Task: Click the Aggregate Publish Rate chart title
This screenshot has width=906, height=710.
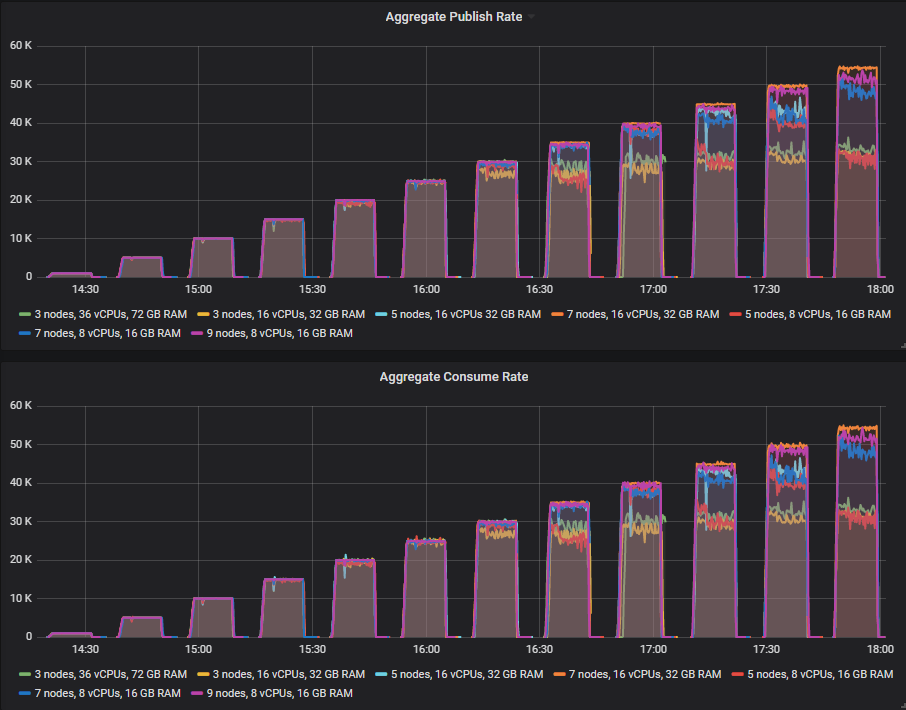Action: point(453,17)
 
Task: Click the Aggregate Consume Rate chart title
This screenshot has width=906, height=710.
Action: point(453,377)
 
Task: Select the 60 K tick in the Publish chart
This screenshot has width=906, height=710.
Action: point(21,46)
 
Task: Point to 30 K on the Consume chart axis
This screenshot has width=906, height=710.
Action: point(21,521)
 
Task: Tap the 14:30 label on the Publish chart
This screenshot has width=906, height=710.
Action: point(85,290)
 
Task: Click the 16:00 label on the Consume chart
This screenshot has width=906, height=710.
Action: point(426,650)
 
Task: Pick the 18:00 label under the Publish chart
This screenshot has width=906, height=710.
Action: point(880,290)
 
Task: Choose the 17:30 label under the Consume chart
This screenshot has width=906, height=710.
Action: point(766,650)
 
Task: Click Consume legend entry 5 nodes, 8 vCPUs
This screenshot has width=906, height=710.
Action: point(814,675)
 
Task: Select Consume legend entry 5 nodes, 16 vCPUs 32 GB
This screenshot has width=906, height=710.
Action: point(463,675)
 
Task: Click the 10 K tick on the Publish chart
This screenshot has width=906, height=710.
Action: point(21,238)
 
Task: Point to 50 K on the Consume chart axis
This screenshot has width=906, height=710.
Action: point(21,444)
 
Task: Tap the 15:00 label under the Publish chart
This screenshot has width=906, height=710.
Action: point(198,290)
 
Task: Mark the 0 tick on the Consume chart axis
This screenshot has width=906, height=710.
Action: point(29,636)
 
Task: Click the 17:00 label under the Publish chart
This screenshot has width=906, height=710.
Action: point(653,290)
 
